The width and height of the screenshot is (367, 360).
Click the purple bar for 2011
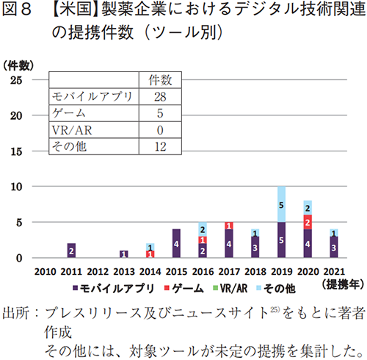coord(71,251)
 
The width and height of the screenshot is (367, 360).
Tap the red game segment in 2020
coord(307,222)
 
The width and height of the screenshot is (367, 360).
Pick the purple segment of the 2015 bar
coord(176,243)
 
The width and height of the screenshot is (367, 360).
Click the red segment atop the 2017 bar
coord(228,226)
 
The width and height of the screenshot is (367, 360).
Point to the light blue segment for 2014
coord(150,247)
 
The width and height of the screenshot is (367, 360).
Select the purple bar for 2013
coord(123,254)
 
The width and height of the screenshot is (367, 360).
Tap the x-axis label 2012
coord(97,270)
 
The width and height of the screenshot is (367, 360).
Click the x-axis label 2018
coord(254,270)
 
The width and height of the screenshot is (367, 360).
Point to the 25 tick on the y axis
coord(15,79)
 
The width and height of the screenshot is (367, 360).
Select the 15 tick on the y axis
coord(15,151)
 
